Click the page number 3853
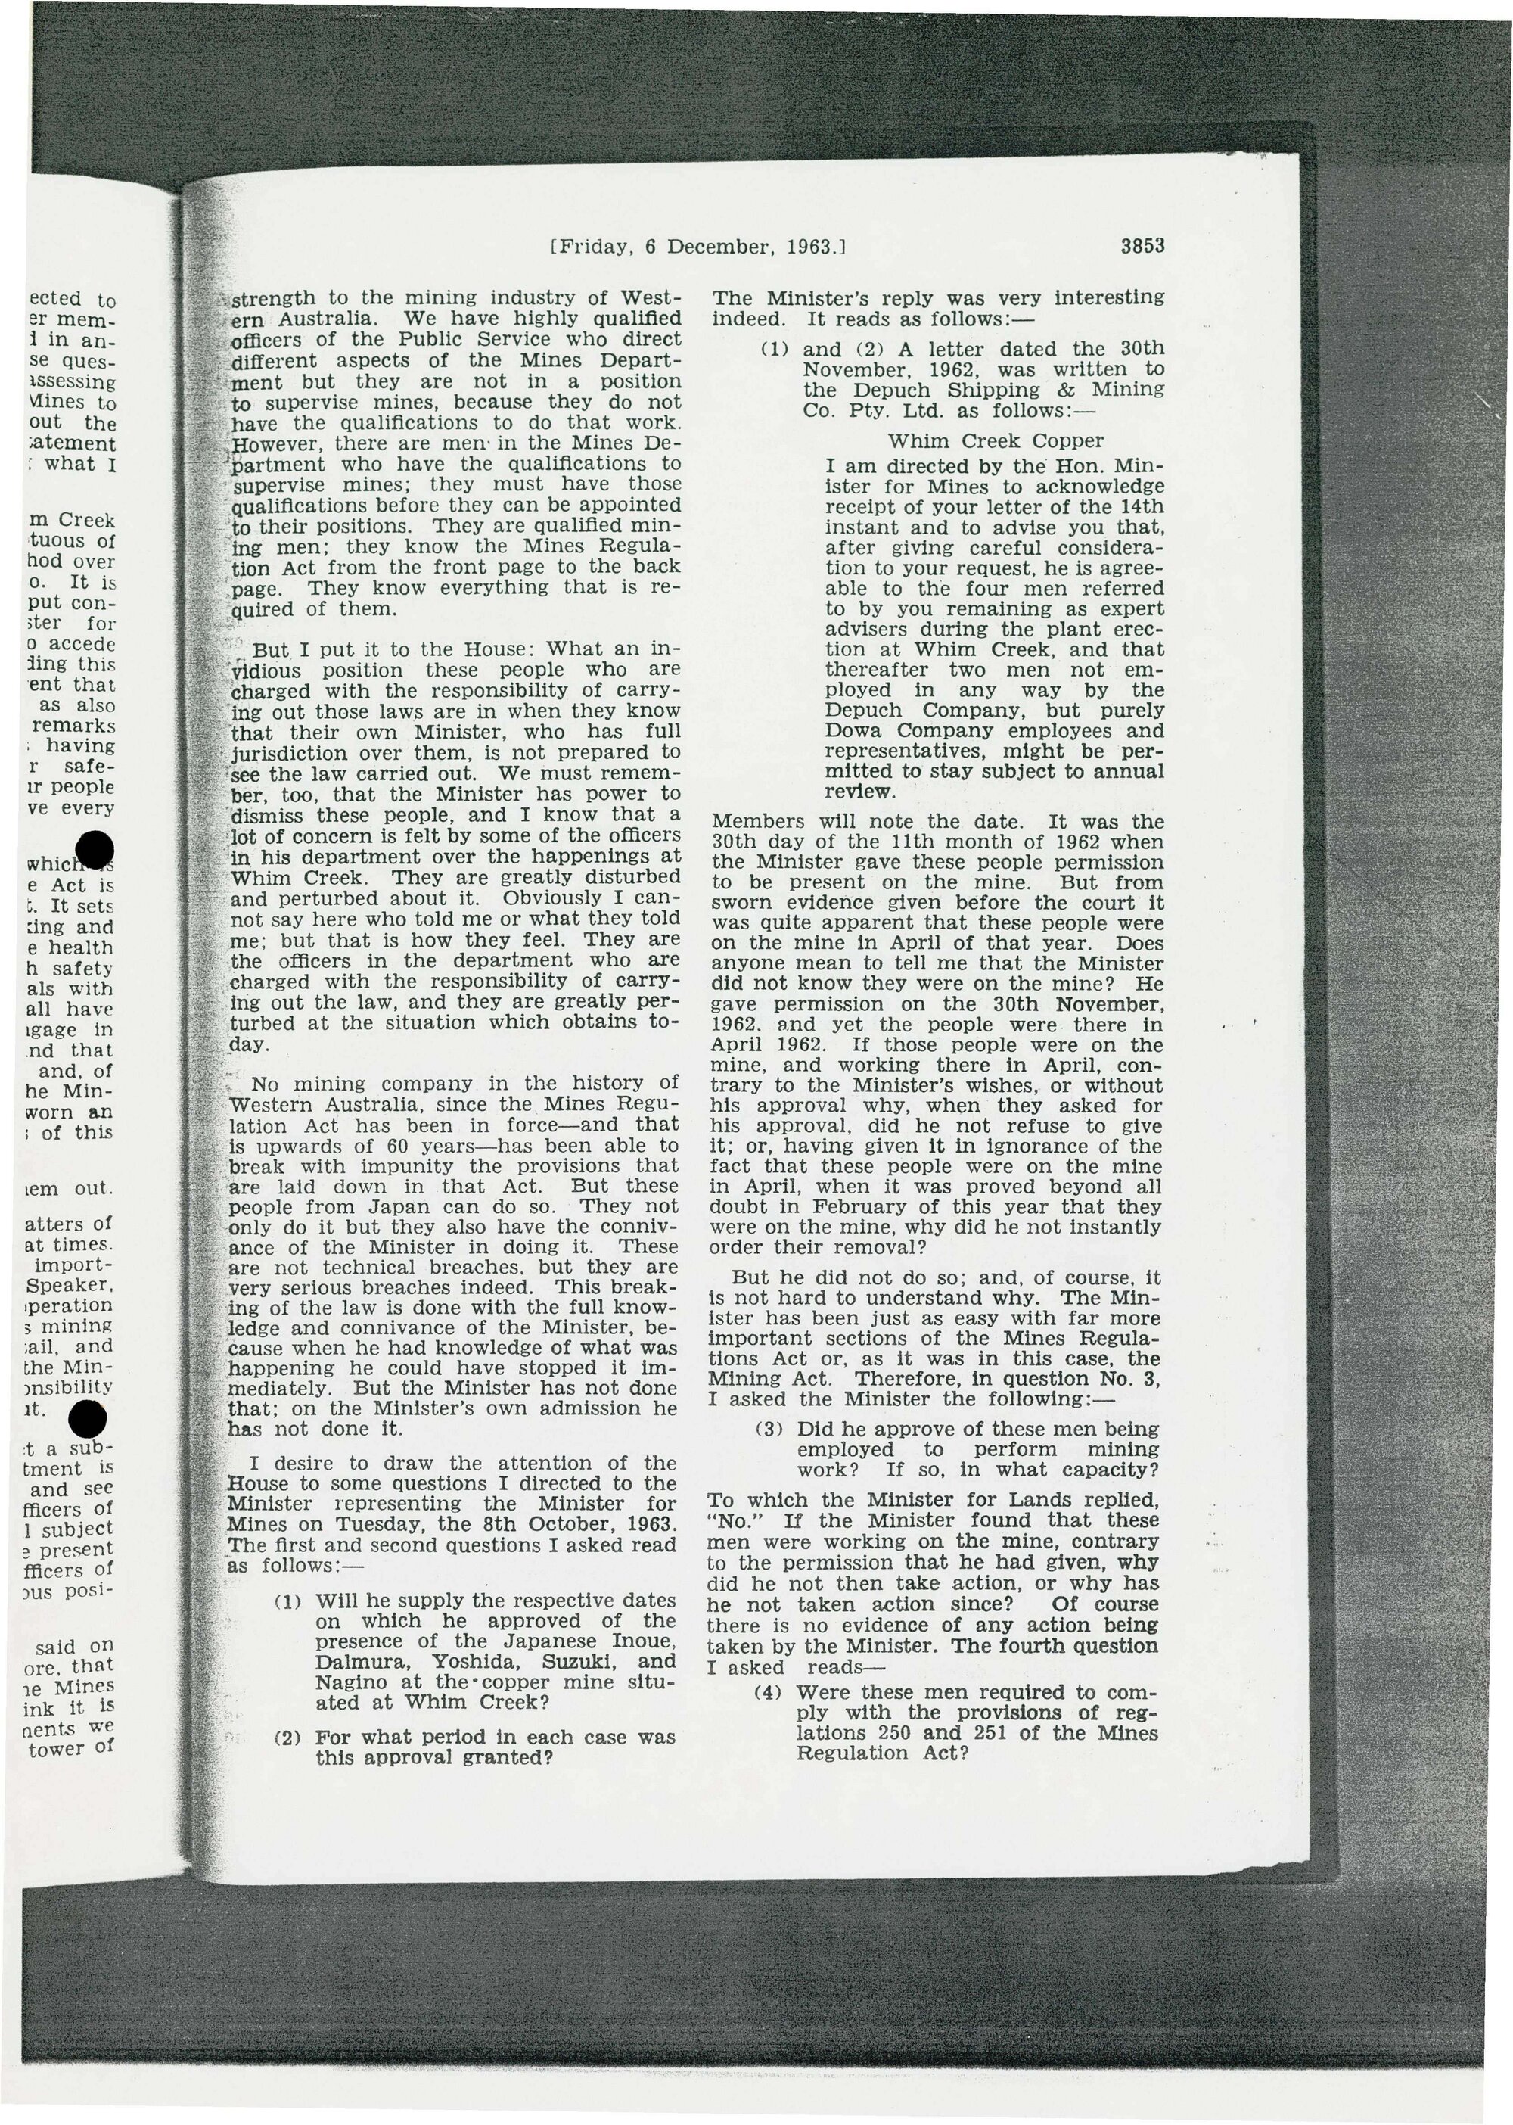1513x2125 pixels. click(1143, 247)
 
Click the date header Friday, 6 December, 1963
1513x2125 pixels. click(697, 248)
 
